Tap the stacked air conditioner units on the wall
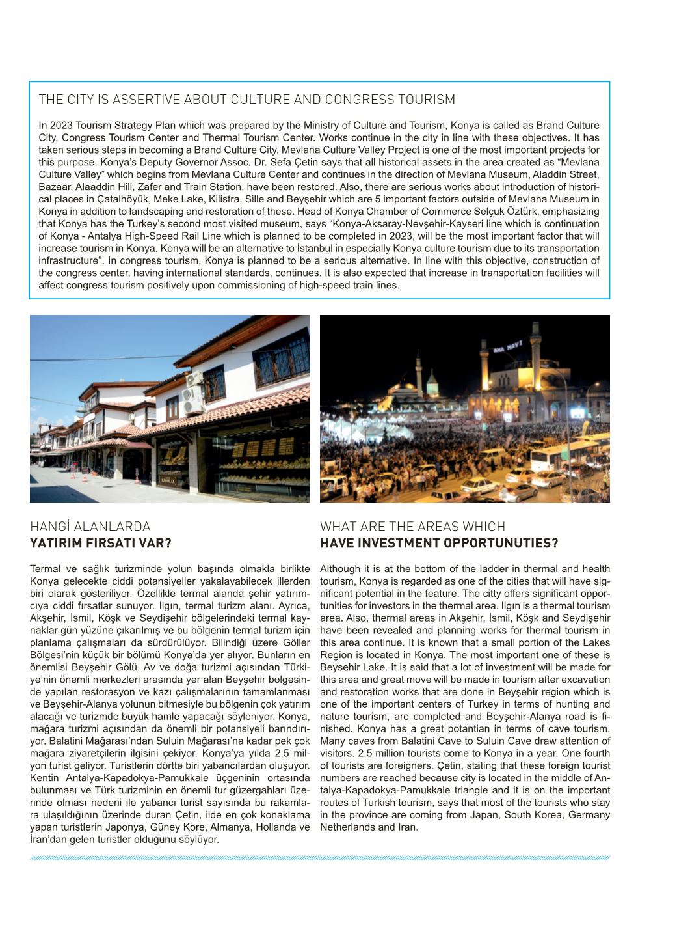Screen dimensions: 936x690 193,393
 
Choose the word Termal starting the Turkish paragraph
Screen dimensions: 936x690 44,569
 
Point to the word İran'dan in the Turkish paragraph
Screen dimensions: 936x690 48,840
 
